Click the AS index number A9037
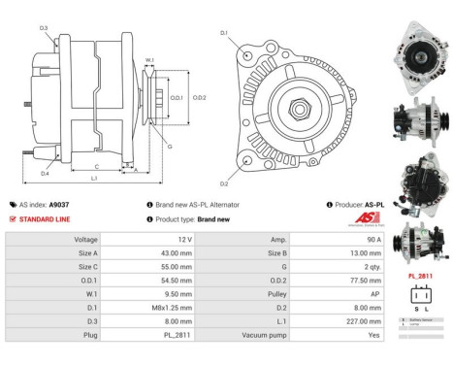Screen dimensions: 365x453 [x=59, y=205]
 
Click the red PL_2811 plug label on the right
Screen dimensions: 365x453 [x=420, y=276]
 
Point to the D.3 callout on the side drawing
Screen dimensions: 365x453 [x=44, y=28]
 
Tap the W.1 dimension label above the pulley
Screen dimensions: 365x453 [x=149, y=60]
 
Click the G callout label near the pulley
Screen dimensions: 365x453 [x=169, y=147]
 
